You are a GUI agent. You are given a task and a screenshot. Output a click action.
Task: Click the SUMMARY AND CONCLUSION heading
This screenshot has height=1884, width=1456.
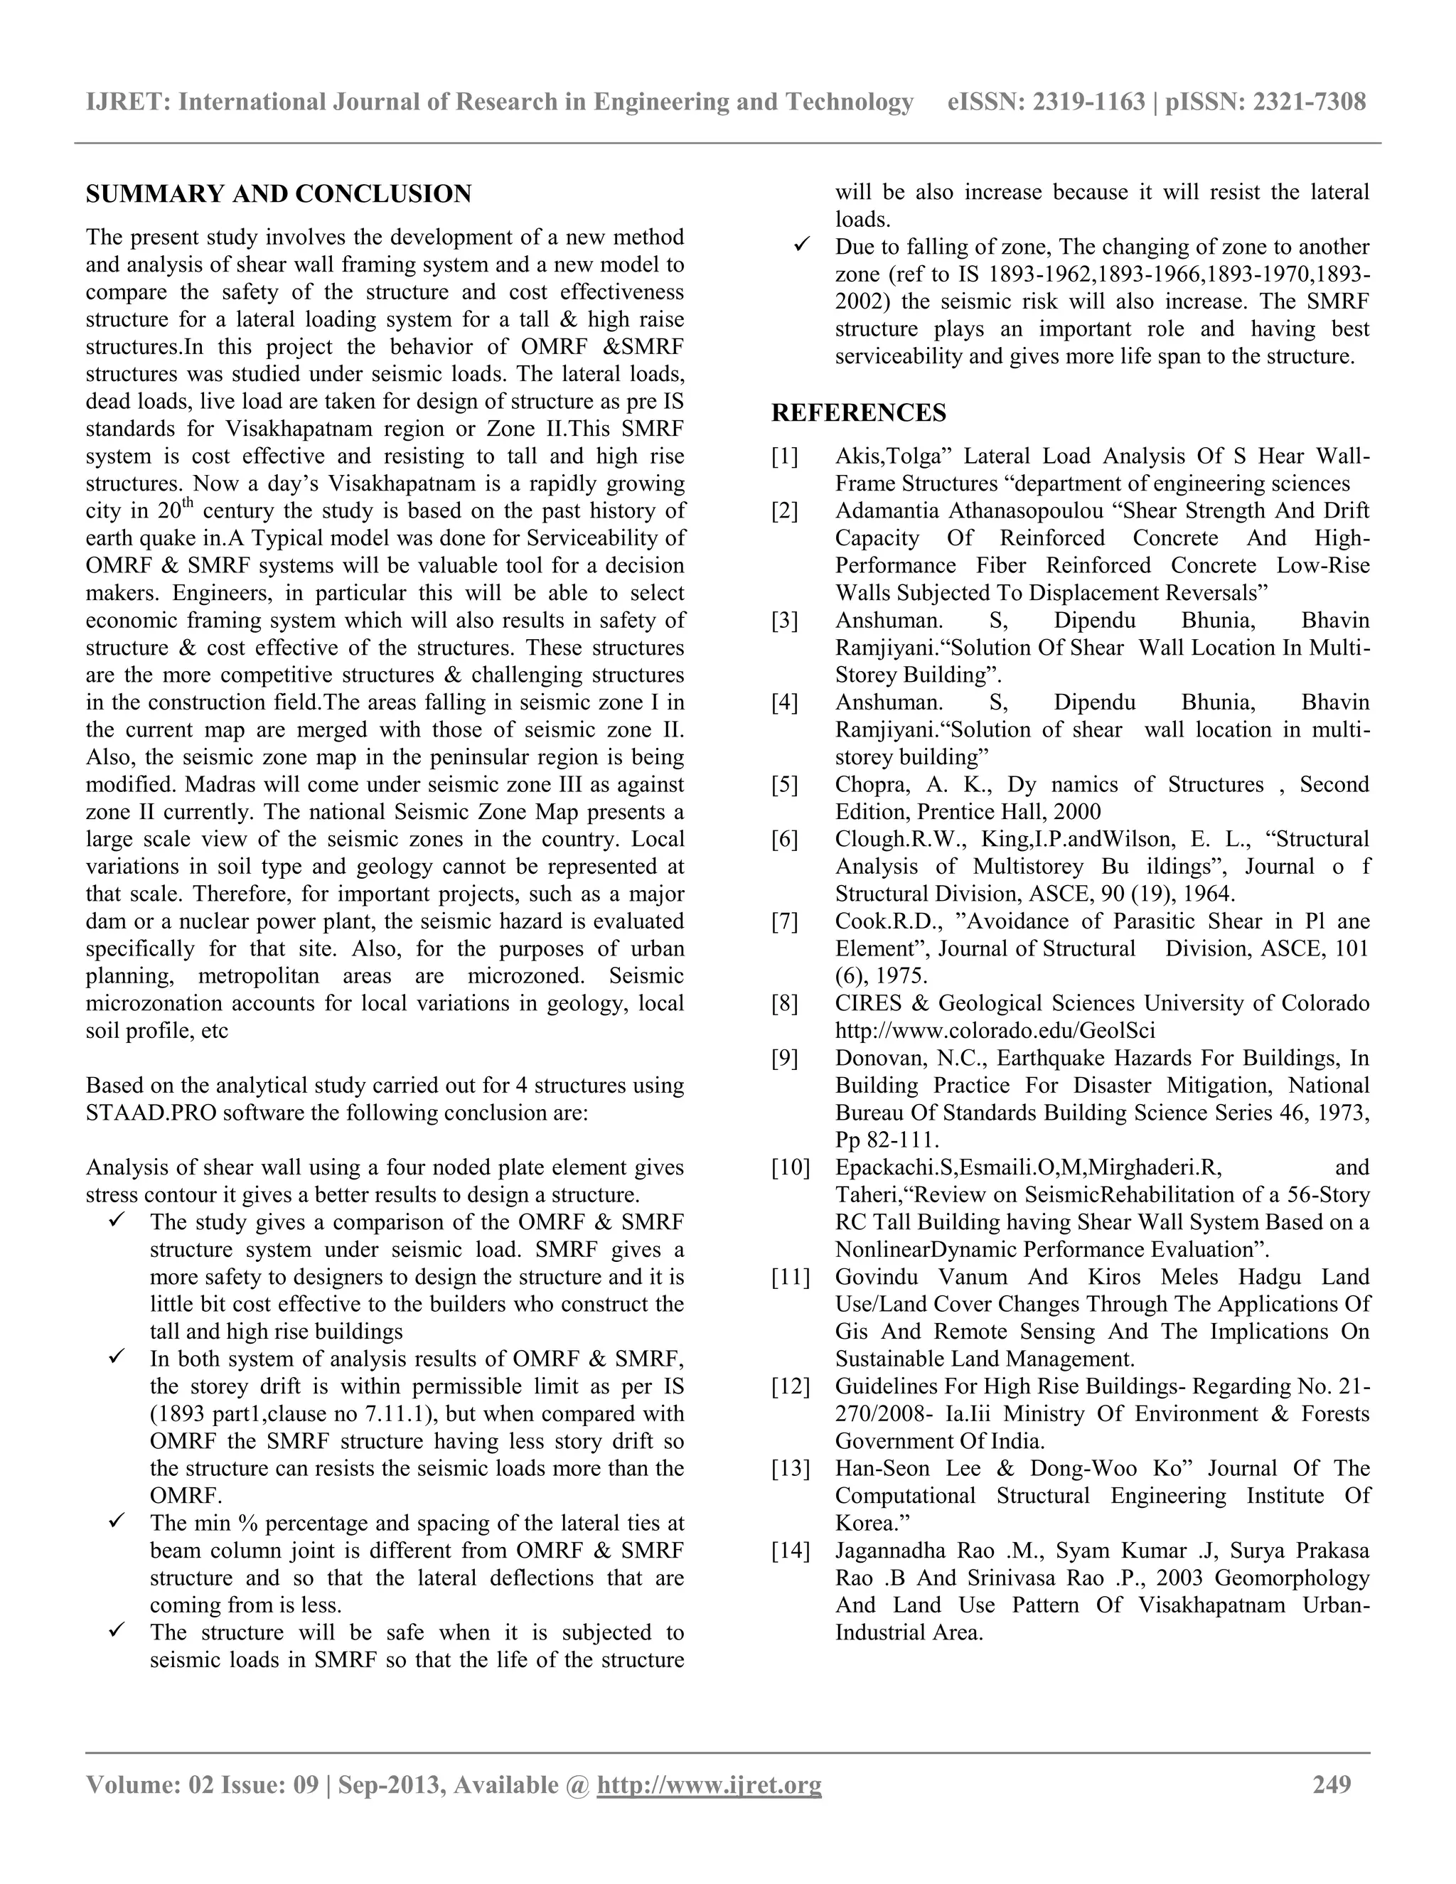(x=279, y=194)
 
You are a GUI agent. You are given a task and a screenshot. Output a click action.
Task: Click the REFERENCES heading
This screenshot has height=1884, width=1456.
(x=858, y=413)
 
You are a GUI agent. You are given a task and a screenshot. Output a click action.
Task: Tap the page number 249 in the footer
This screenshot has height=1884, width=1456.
(x=1332, y=1784)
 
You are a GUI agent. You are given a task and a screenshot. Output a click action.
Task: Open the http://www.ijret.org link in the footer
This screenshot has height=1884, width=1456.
(x=709, y=1784)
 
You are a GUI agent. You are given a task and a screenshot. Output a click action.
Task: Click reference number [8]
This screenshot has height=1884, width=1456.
(x=785, y=1003)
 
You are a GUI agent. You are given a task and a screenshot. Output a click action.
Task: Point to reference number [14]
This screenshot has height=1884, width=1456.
(x=790, y=1550)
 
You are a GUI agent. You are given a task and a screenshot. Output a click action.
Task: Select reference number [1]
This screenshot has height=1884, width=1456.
(x=785, y=456)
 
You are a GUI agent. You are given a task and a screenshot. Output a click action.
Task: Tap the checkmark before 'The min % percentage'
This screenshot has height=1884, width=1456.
(x=117, y=1523)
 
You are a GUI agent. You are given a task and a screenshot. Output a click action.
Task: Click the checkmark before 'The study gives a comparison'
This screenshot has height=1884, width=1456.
(x=117, y=1221)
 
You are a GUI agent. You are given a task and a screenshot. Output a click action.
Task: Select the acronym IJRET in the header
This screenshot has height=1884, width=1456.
(x=128, y=102)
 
